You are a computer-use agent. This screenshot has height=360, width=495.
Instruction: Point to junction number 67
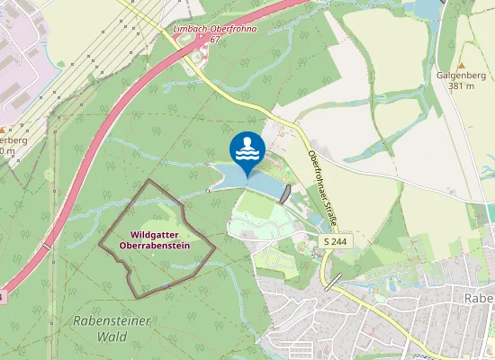[214, 40]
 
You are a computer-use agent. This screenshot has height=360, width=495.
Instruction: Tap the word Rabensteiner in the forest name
[99, 324]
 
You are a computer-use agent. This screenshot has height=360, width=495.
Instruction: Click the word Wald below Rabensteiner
[112, 338]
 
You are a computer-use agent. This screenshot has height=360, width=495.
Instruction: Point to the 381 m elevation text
[462, 87]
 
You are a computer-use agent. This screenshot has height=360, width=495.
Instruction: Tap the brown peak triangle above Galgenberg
[461, 65]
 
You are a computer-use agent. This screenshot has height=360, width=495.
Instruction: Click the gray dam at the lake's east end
[286, 193]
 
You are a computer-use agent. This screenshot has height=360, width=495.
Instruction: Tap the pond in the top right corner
[424, 9]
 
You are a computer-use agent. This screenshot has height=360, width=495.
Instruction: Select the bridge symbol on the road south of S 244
[333, 282]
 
